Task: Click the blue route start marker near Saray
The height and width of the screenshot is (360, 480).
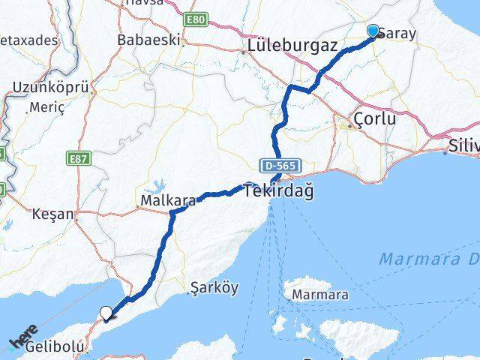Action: click(373, 31)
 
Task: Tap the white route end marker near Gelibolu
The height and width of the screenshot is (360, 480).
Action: click(106, 313)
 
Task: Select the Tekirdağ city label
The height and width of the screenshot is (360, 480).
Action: click(279, 191)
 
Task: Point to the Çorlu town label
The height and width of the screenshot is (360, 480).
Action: click(375, 120)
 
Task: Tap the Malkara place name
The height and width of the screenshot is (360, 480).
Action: click(169, 200)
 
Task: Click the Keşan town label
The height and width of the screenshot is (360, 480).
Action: click(53, 214)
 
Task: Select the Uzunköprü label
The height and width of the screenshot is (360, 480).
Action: click(50, 88)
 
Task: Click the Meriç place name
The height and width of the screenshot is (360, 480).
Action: click(46, 107)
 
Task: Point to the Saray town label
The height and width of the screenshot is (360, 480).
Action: click(398, 34)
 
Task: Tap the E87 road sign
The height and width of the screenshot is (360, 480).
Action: click(77, 160)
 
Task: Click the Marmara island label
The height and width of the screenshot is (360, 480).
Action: click(320, 295)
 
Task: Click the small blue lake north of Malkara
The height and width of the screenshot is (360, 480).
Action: click(159, 183)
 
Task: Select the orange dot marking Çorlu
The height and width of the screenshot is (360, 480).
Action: click(350, 127)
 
